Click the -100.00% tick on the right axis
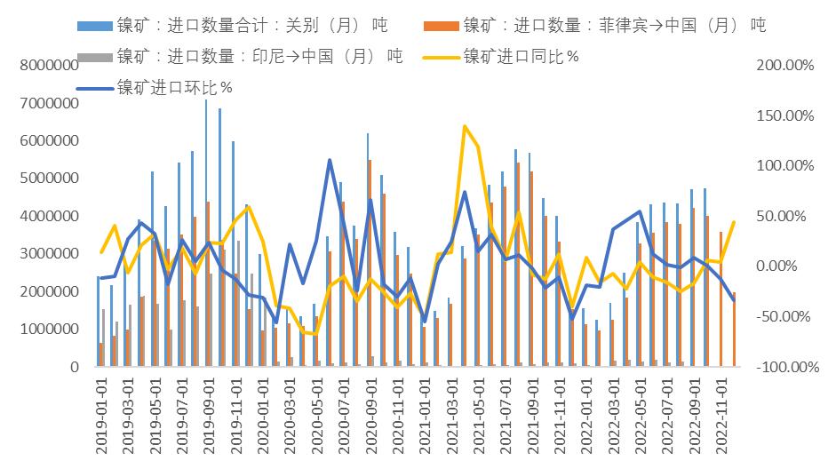785,367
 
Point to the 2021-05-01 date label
477,417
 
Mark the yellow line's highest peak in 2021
465,126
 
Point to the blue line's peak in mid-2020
330,161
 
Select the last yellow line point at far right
734,222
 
